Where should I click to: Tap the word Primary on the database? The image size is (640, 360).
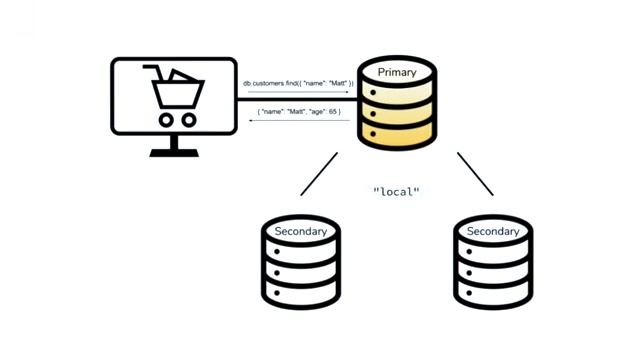point(397,73)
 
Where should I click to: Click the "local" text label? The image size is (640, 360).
point(396,191)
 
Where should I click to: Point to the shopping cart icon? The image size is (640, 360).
point(174,96)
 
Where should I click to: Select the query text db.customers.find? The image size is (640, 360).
point(299,83)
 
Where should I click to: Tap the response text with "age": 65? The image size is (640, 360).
point(299,112)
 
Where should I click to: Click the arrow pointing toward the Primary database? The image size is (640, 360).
point(299,93)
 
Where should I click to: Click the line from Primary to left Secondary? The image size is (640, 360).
point(319,174)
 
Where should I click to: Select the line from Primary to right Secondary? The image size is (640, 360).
point(475,174)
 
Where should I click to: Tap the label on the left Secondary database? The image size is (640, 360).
point(300,231)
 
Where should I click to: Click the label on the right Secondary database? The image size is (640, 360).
point(493,231)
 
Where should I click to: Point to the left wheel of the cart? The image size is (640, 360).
point(162,119)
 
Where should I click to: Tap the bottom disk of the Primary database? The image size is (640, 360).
point(397,134)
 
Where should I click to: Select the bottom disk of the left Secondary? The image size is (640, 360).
point(300,292)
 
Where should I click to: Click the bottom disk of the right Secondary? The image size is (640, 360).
point(493,292)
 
